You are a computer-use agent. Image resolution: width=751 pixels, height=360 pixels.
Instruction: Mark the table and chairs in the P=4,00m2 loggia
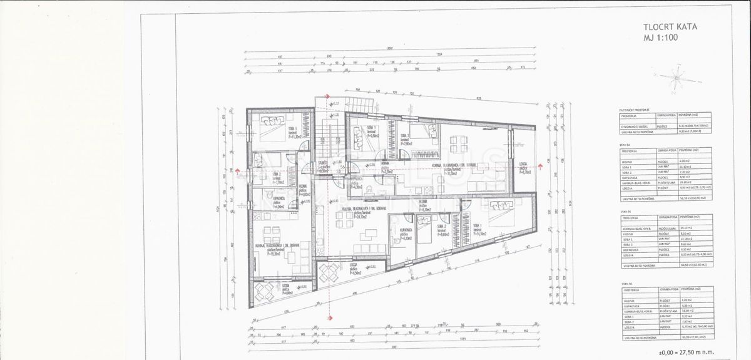264,291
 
